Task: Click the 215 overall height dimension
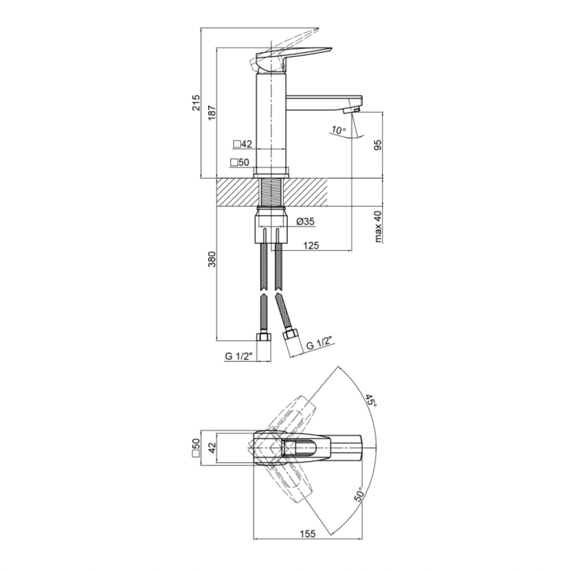196,103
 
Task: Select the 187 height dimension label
212,113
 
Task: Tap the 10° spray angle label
338,130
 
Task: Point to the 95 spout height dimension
378,145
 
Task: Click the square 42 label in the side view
242,145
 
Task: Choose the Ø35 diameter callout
306,222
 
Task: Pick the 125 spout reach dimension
311,245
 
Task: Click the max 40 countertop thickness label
378,227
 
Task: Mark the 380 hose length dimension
212,259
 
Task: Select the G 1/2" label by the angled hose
319,343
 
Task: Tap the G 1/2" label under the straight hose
239,356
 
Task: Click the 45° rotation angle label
371,400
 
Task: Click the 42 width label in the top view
212,447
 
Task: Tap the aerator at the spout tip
352,110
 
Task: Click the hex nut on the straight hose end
264,337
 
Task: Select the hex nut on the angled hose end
291,335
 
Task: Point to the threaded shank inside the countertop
271,192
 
